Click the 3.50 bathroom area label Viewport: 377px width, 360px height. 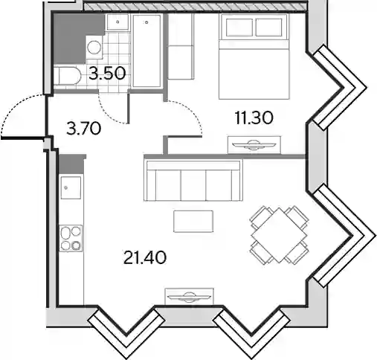coord(107,74)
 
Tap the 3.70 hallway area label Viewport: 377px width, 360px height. coord(84,129)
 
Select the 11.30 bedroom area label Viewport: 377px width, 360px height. coord(254,118)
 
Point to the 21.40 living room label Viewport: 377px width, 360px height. coord(145,257)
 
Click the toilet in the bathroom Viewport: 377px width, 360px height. coord(67,75)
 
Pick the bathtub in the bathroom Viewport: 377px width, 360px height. coord(146,51)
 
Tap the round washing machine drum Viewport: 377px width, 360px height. coord(94,48)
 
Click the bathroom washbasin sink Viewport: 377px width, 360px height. coord(117,22)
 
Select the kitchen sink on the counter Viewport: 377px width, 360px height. coord(71,187)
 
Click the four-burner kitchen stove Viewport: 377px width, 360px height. coord(71,238)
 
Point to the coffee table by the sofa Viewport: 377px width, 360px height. coord(193,222)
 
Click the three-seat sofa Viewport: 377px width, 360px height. coord(193,180)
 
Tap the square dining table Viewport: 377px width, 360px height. coord(280,235)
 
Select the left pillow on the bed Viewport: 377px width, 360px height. coord(239,28)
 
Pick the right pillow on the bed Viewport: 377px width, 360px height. coord(268,28)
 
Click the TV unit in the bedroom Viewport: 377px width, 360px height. coord(254,145)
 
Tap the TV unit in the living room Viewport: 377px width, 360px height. coord(190,296)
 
